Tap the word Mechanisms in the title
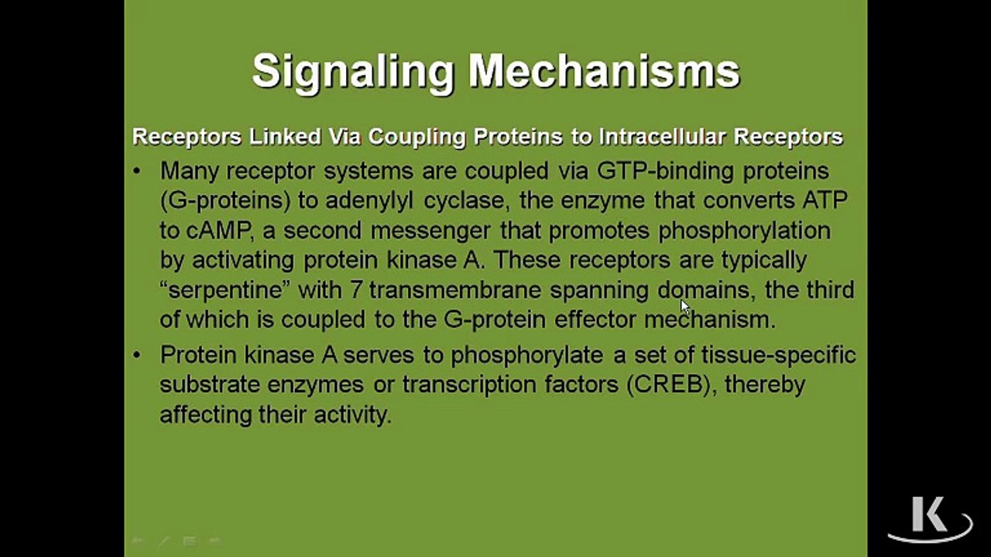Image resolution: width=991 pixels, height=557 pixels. tap(605, 70)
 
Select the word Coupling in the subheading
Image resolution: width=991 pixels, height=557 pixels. tap(417, 138)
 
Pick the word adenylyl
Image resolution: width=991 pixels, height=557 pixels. tap(369, 201)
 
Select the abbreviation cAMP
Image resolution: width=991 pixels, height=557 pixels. tap(220, 231)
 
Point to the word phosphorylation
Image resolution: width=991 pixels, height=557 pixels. tap(745, 231)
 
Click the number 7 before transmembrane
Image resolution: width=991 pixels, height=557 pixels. tap(355, 290)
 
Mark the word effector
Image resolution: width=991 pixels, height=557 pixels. tap(595, 320)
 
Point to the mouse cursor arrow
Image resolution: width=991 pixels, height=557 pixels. tap(685, 307)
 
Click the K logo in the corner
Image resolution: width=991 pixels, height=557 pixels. tap(930, 518)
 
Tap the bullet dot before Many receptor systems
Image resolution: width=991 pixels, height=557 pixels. tap(137, 171)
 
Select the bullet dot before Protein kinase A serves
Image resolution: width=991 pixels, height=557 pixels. tap(137, 355)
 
